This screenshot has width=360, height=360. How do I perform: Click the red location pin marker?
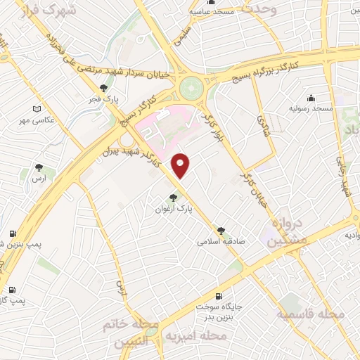[181, 165]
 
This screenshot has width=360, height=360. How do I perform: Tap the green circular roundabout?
[190, 89]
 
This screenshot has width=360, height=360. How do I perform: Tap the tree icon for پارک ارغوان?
[174, 198]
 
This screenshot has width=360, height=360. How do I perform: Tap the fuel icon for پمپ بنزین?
[12, 234]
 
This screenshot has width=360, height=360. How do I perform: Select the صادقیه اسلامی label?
[221, 240]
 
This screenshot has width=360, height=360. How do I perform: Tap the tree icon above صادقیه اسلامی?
[221, 230]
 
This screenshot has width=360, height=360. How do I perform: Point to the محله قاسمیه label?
[311, 314]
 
